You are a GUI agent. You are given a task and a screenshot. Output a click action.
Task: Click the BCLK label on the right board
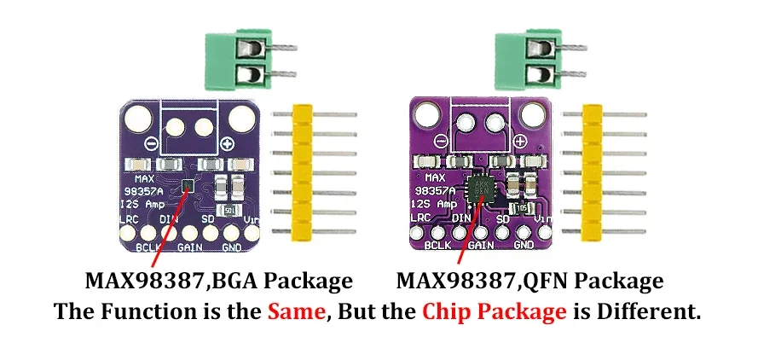(x=437, y=245)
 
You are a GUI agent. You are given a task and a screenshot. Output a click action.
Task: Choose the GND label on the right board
(x=524, y=245)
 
